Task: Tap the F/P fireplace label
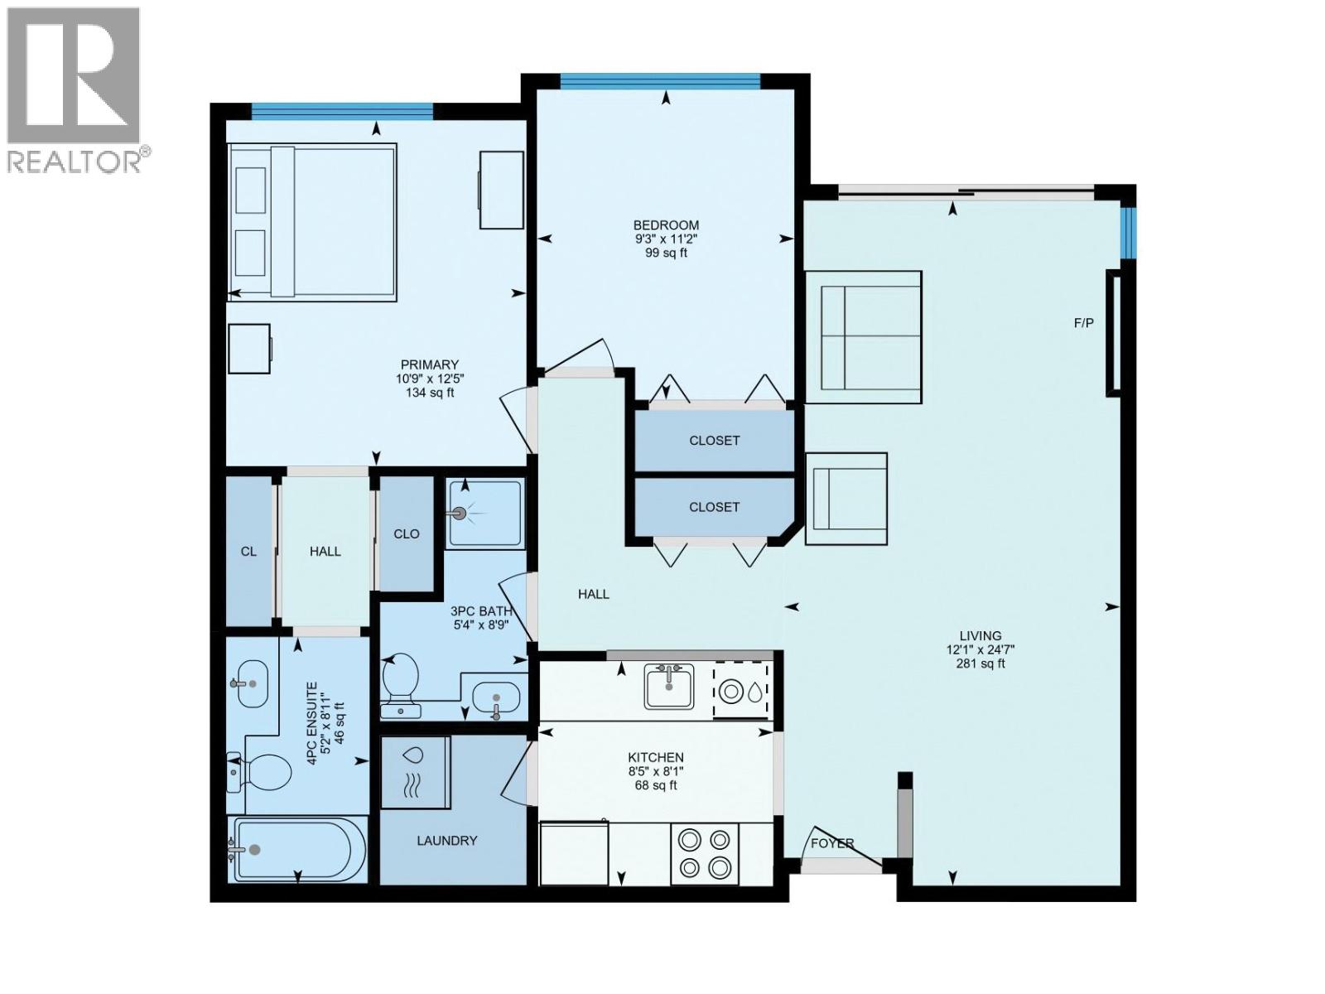[x=1083, y=323]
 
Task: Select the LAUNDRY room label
[x=446, y=840]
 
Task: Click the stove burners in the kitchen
[x=704, y=853]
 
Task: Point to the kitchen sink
[x=669, y=686]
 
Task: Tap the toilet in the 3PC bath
[x=402, y=678]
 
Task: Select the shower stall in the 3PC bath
[x=484, y=514]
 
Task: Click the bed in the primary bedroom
[x=312, y=221]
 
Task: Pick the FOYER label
[x=831, y=843]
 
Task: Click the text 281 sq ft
[x=980, y=663]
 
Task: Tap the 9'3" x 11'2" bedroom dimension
[x=666, y=239]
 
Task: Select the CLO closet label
[x=406, y=533]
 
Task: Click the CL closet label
[x=248, y=551]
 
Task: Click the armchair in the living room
[x=846, y=498]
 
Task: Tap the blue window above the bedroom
[x=660, y=80]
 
